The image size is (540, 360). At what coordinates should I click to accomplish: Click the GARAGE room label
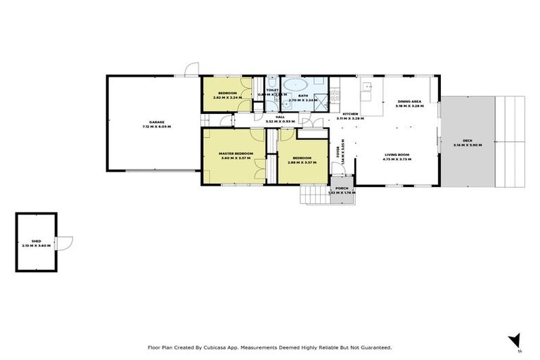pyautogui.click(x=156, y=122)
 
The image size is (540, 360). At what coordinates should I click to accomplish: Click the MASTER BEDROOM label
pyautogui.click(x=236, y=153)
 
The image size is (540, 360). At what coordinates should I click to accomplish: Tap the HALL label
pyautogui.click(x=279, y=117)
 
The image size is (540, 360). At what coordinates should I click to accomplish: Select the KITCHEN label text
pyautogui.click(x=350, y=114)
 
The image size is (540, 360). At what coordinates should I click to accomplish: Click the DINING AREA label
pyautogui.click(x=409, y=101)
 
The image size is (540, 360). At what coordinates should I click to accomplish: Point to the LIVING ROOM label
pyautogui.click(x=397, y=154)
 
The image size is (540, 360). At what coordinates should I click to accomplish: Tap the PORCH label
pyautogui.click(x=342, y=188)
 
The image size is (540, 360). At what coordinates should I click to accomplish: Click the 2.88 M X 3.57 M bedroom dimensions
pyautogui.click(x=303, y=162)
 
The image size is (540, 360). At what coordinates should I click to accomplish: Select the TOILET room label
pyautogui.click(x=272, y=90)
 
